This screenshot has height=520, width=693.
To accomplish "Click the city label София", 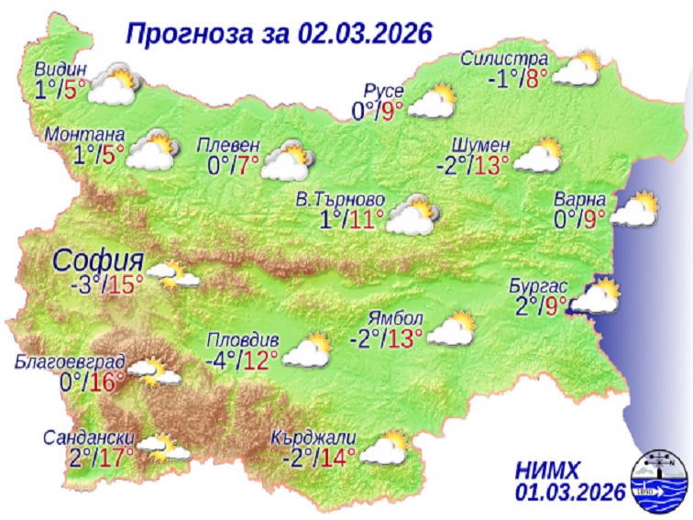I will click(98, 259).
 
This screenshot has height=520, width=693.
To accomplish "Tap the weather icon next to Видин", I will click(112, 83).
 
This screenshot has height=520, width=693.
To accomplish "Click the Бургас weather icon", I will click(596, 298).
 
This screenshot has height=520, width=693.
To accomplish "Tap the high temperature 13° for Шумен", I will click(492, 166).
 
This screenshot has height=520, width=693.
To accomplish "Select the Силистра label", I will click(504, 61).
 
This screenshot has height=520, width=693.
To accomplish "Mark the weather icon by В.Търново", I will click(414, 216).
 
